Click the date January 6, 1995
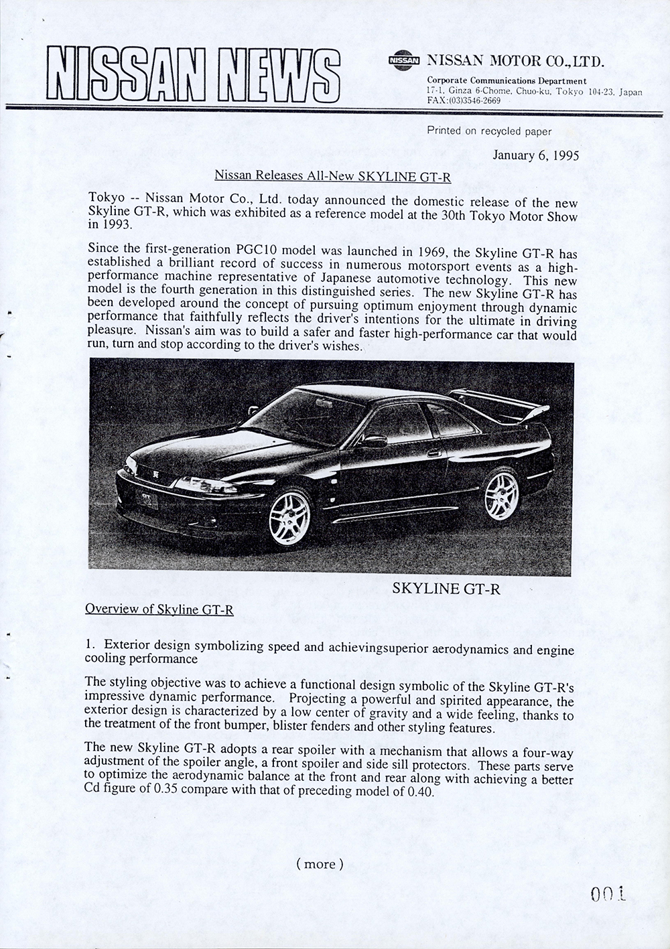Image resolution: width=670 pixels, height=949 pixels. click(x=535, y=155)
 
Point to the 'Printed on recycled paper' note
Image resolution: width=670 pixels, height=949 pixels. click(x=489, y=131)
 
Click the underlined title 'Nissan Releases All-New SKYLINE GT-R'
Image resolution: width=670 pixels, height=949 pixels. click(x=332, y=177)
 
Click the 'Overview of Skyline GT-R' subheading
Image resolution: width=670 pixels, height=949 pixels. click(x=159, y=609)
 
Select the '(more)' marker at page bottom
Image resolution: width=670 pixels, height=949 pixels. click(x=320, y=864)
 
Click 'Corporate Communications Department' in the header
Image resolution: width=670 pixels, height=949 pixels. click(x=507, y=80)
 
